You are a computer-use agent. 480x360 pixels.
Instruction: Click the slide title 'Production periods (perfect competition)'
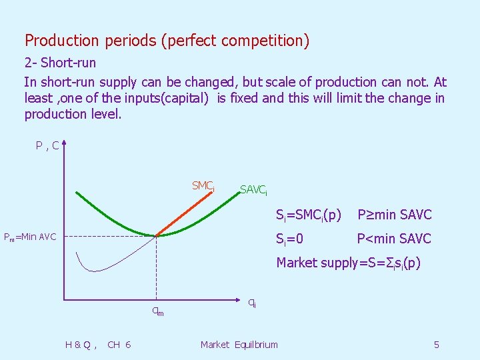(x=167, y=41)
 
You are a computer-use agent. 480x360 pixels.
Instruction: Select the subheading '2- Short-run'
(x=60, y=63)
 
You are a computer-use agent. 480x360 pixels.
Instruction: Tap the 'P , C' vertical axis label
(x=47, y=145)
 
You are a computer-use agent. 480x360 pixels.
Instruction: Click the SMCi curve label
(x=203, y=186)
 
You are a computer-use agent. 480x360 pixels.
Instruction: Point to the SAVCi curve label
(x=253, y=191)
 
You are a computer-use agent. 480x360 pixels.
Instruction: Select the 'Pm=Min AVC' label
(x=30, y=237)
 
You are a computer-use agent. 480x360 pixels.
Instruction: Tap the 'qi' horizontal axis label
(x=252, y=302)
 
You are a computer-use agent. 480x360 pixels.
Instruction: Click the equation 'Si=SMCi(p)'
(x=309, y=215)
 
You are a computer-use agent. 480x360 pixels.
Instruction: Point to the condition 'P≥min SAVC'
(x=395, y=215)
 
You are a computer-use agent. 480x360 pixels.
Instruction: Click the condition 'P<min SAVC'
(x=394, y=239)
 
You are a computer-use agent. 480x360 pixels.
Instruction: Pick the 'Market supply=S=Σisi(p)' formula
(x=349, y=263)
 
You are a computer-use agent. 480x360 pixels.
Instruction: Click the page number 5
(x=436, y=345)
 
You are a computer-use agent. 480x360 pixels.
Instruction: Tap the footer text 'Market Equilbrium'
(x=239, y=345)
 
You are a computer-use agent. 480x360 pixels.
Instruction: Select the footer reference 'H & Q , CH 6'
(x=98, y=345)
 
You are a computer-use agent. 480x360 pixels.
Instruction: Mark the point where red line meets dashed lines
(x=156, y=235)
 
